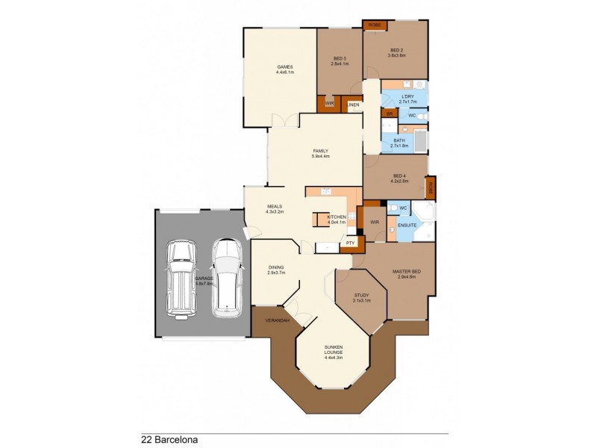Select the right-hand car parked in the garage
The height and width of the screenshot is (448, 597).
click(x=226, y=277)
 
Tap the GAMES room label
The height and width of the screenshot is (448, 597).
click(x=284, y=67)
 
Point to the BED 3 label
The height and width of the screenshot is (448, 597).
click(x=340, y=58)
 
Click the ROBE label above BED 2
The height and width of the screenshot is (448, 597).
click(x=375, y=25)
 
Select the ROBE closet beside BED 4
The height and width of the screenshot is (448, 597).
click(x=431, y=185)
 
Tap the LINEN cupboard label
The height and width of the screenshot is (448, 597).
click(x=353, y=105)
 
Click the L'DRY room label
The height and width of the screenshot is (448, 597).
click(x=407, y=97)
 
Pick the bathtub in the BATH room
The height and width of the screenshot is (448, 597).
click(x=419, y=141)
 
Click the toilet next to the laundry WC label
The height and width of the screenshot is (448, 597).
click(x=422, y=116)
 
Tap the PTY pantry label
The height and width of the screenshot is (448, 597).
click(x=350, y=243)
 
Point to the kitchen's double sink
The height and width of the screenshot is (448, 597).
click(x=326, y=193)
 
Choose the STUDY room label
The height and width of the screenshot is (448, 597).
click(x=360, y=295)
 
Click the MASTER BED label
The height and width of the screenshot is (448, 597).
click(x=406, y=271)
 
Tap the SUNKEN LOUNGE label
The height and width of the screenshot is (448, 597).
click(x=332, y=348)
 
